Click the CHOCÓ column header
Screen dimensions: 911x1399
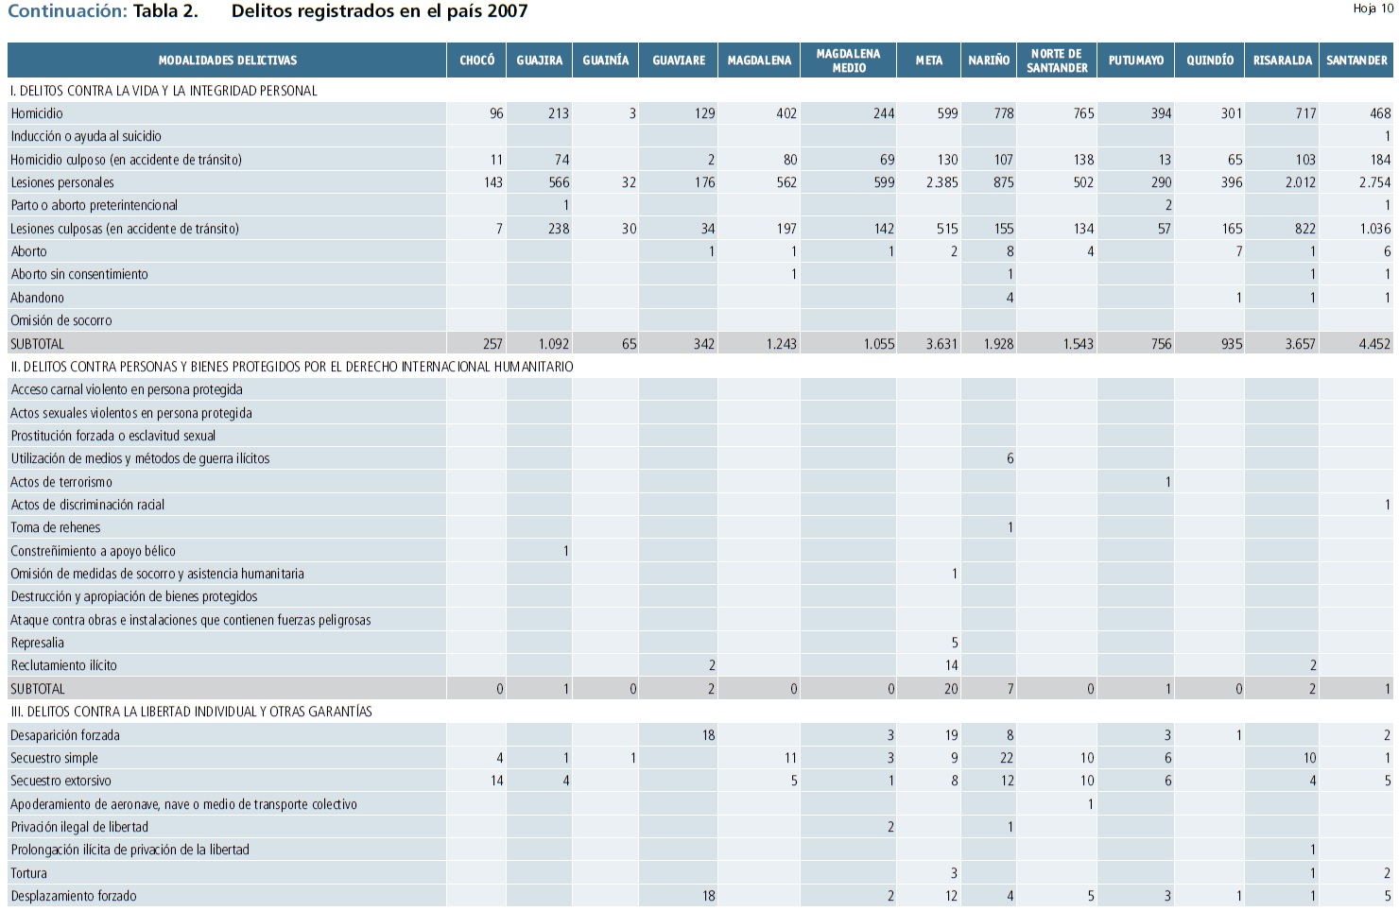pos(476,60)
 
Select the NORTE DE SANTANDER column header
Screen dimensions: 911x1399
pos(1057,60)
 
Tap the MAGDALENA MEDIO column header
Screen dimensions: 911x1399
pos(848,60)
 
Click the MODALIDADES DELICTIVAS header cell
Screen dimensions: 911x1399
pos(227,60)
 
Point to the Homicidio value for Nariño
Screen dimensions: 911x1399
pos(1003,113)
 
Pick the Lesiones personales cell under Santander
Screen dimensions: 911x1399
pos(1374,182)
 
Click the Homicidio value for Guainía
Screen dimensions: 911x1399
pos(631,113)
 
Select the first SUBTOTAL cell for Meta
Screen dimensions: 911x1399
pos(941,344)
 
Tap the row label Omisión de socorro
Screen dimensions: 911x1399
pos(61,320)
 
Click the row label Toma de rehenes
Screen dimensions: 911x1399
pos(55,527)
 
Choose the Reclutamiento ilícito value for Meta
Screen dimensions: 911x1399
pos(951,665)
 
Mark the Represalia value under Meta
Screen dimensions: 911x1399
pos(954,643)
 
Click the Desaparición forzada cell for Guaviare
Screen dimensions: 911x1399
pos(708,735)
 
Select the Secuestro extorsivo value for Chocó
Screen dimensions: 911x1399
pos(496,781)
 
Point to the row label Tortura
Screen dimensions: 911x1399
pos(28,873)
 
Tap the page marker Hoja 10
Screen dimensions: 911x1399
pos(1373,9)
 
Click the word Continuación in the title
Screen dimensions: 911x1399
pos(66,11)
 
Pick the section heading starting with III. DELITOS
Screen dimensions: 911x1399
pos(191,712)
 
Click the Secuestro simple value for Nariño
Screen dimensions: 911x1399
pos(1006,758)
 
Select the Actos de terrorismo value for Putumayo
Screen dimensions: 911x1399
pos(1167,482)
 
